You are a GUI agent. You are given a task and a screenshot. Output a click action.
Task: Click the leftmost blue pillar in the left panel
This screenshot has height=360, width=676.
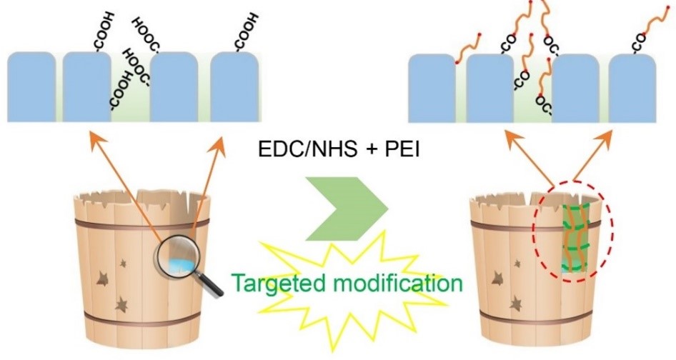click(31, 86)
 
